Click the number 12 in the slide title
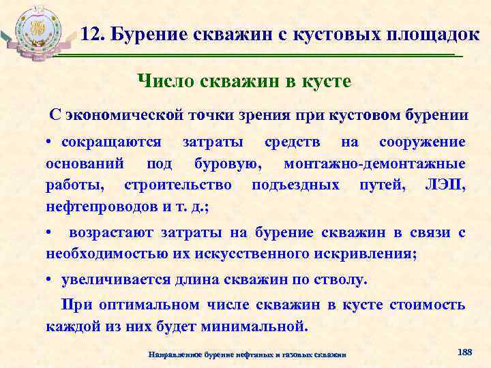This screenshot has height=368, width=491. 91,33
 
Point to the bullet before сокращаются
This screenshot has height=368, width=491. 50,142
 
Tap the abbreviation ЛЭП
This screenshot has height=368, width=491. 445,185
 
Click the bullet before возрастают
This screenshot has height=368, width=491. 50,232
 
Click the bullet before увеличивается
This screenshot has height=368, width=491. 50,279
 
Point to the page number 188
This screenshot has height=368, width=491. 464,352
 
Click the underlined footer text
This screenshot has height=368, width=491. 248,354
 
